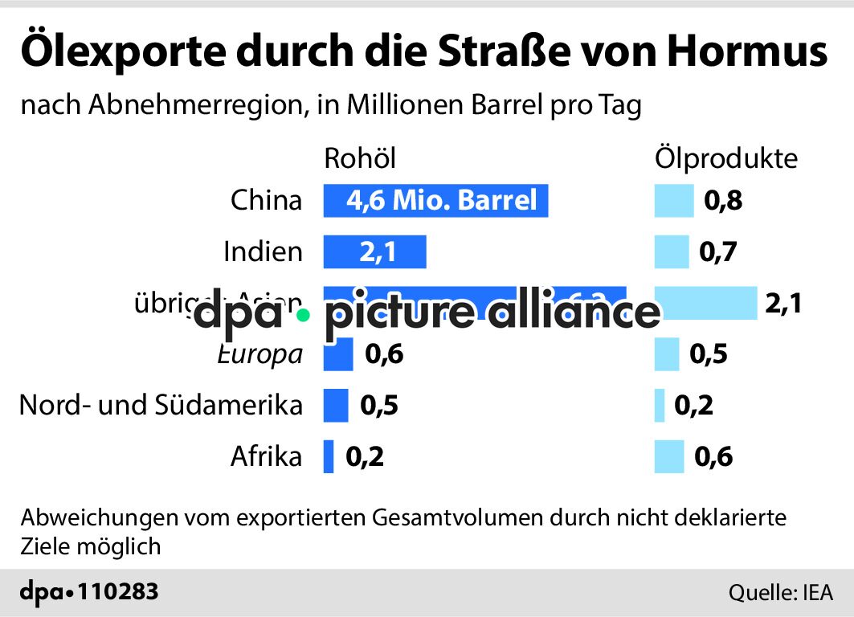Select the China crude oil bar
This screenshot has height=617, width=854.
pyautogui.click(x=435, y=200)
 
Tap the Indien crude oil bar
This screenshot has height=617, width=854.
pyautogui.click(x=374, y=252)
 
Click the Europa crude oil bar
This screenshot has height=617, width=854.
pyautogui.click(x=337, y=354)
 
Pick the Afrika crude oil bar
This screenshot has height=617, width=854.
pyautogui.click(x=328, y=457)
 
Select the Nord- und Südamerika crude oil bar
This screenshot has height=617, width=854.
pyautogui.click(x=335, y=406)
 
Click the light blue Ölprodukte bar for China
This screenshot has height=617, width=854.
pyautogui.click(x=673, y=201)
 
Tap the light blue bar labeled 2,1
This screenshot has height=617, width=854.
pyautogui.click(x=705, y=303)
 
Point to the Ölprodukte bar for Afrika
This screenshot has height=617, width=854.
pyautogui.click(x=668, y=457)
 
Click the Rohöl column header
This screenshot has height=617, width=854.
pyautogui.click(x=360, y=158)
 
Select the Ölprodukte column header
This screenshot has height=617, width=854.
pyautogui.click(x=726, y=158)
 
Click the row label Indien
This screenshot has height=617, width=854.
pyautogui.click(x=263, y=252)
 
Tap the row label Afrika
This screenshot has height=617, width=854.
pyautogui.click(x=266, y=457)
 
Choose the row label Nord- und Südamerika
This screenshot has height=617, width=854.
pyautogui.click(x=161, y=405)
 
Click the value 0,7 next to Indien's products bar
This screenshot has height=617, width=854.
pyautogui.click(x=718, y=252)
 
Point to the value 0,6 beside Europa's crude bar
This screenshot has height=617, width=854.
pyautogui.click(x=383, y=354)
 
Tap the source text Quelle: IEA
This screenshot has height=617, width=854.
pyautogui.click(x=780, y=594)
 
